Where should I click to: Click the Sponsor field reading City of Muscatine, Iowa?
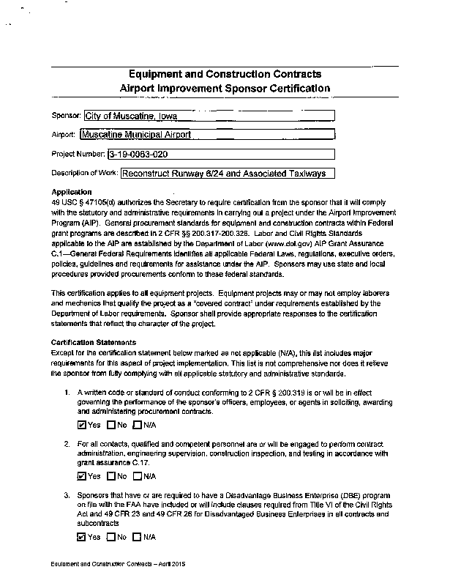coord(209,115)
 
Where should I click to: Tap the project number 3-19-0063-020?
coord(220,155)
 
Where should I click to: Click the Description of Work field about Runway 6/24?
coord(227,174)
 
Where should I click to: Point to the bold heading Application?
coord(72,191)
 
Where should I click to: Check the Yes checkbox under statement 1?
coord(81,425)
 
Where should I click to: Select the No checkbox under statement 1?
coord(111,425)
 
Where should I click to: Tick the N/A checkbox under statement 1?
coord(138,425)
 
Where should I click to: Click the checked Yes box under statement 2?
coord(81,476)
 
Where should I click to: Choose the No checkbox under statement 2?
coord(111,476)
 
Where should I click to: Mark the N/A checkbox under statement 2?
coord(138,476)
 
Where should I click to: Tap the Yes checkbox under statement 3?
coord(81,537)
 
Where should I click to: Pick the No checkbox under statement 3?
coord(111,537)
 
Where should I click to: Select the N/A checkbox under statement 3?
coord(138,537)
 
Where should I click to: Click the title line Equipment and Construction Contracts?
coord(225,75)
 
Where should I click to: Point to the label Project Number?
coord(78,155)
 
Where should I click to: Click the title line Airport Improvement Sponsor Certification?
coord(225,88)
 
